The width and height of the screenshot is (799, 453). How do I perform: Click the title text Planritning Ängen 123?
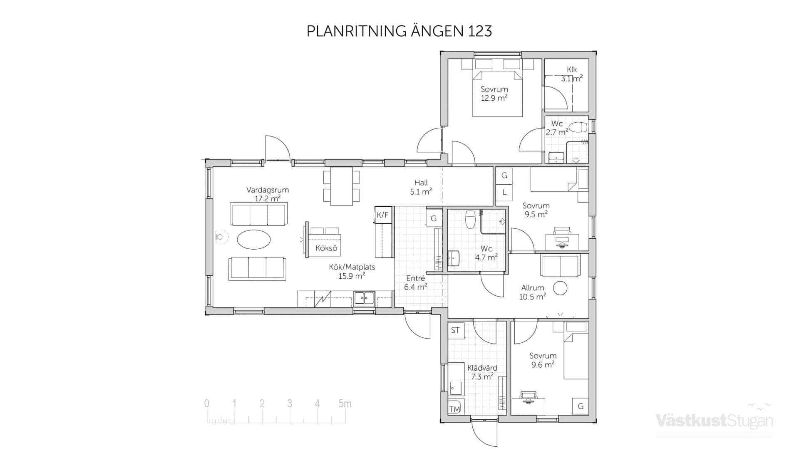click(399, 31)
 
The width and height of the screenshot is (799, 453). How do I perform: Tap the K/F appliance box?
click(382, 215)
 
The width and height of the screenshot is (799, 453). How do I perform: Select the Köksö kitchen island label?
click(326, 248)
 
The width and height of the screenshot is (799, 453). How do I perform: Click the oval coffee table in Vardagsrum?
click(254, 239)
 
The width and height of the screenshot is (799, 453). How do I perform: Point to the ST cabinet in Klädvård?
click(455, 330)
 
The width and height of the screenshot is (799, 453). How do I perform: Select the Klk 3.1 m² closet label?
click(571, 74)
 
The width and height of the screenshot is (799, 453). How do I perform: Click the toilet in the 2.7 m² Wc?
click(578, 127)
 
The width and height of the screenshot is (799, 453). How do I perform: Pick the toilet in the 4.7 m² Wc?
click(470, 219)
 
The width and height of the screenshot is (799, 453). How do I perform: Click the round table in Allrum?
click(560, 288)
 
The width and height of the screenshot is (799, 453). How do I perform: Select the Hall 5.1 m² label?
click(421, 187)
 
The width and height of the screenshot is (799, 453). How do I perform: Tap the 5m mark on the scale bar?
click(345, 403)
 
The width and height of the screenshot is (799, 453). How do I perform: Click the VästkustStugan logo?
click(714, 420)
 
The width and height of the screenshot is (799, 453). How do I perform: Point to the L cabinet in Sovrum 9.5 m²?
click(504, 192)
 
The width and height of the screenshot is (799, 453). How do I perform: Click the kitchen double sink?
click(364, 298)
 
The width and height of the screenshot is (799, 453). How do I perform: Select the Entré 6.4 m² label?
click(415, 282)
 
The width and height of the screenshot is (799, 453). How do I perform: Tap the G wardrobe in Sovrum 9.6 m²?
click(581, 406)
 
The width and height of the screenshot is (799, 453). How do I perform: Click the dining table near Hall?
click(342, 186)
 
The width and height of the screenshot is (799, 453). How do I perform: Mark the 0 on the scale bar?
click(207, 403)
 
